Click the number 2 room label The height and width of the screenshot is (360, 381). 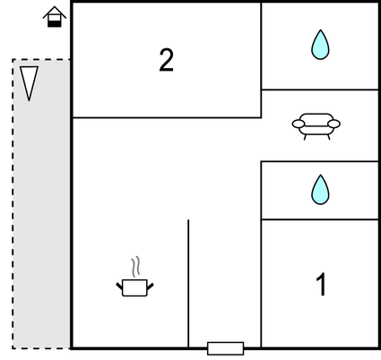click(x=166, y=60)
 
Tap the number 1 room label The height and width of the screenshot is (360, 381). click(x=321, y=284)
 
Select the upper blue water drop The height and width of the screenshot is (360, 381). click(x=320, y=45)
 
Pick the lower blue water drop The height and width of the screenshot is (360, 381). click(x=320, y=190)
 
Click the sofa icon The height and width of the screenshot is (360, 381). click(x=316, y=126)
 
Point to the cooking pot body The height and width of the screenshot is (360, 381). click(x=134, y=287)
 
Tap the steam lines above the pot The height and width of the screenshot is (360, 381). click(x=135, y=266)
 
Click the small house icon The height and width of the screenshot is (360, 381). click(x=55, y=17)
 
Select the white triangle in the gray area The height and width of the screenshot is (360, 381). click(x=29, y=83)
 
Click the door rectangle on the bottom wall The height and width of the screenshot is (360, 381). click(x=226, y=348)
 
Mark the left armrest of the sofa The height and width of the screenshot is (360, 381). click(x=299, y=124)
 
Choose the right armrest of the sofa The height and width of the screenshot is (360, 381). click(x=333, y=124)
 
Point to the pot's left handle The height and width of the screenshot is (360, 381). click(x=119, y=286)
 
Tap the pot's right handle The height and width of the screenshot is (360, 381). click(x=150, y=287)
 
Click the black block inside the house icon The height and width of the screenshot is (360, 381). click(x=55, y=24)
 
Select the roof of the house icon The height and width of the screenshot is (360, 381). click(x=55, y=12)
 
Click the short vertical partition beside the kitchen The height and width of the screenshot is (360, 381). click(x=188, y=284)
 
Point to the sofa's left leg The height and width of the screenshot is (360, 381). click(x=305, y=137)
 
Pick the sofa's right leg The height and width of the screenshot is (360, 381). click(x=329, y=137)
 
